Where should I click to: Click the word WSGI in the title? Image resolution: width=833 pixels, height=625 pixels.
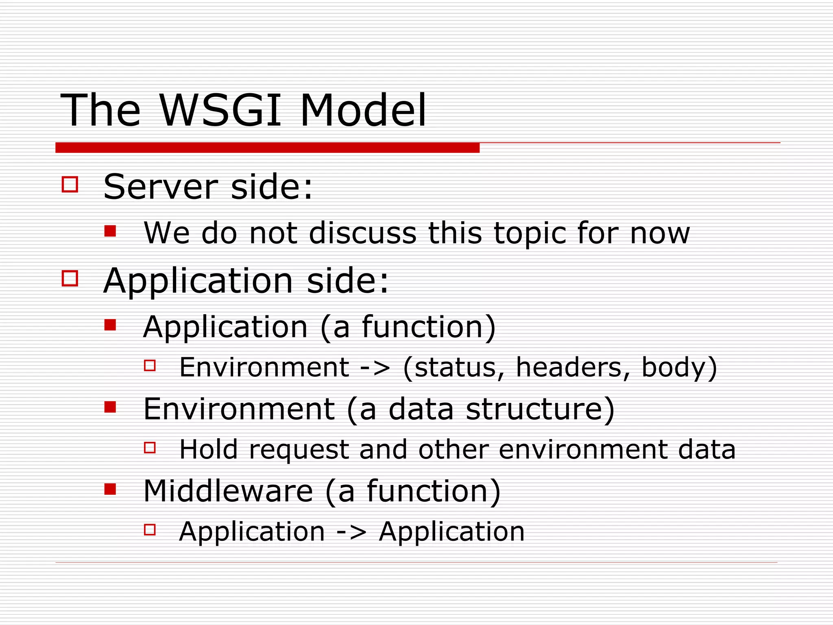click(220, 110)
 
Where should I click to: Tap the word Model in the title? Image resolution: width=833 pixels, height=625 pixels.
click(363, 110)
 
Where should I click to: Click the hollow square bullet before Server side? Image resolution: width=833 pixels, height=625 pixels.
click(70, 184)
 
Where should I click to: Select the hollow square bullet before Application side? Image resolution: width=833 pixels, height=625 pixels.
click(70, 279)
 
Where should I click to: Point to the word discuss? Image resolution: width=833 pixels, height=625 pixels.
click(362, 233)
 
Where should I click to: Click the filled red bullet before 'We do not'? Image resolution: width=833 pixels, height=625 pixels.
click(110, 231)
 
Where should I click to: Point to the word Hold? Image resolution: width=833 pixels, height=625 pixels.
click(208, 449)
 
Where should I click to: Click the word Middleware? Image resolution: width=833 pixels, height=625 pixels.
click(228, 491)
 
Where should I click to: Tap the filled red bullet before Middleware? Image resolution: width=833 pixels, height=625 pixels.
click(110, 488)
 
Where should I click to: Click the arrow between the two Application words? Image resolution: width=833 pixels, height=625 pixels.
click(351, 532)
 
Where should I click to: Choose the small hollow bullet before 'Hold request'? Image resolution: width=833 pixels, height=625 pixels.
click(150, 448)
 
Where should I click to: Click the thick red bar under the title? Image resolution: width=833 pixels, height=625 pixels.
click(267, 148)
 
